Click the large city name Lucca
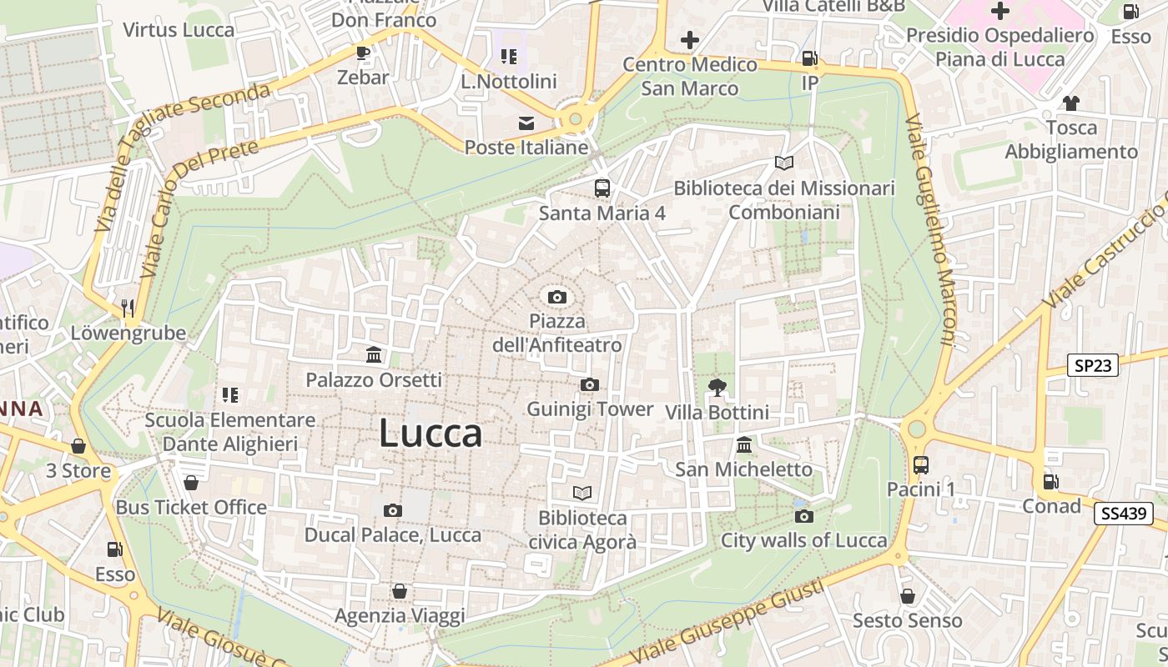[430, 434]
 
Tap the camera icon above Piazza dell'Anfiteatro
[557, 297]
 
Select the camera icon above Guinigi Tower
[590, 384]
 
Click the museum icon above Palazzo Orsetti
[374, 355]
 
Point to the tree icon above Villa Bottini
[716, 387]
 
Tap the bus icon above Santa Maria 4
[602, 188]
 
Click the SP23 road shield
[1093, 364]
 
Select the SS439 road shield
[1123, 514]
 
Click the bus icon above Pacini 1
[921, 464]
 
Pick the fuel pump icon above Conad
[1051, 481]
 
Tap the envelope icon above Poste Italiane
[526, 123]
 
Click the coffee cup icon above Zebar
[363, 53]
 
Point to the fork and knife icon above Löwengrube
[128, 308]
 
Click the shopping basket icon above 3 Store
[78, 446]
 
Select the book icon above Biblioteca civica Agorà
[582, 493]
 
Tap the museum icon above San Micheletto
[744, 444]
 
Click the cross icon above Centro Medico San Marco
[690, 39]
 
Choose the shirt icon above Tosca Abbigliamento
[1071, 103]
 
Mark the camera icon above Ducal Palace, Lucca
[393, 510]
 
